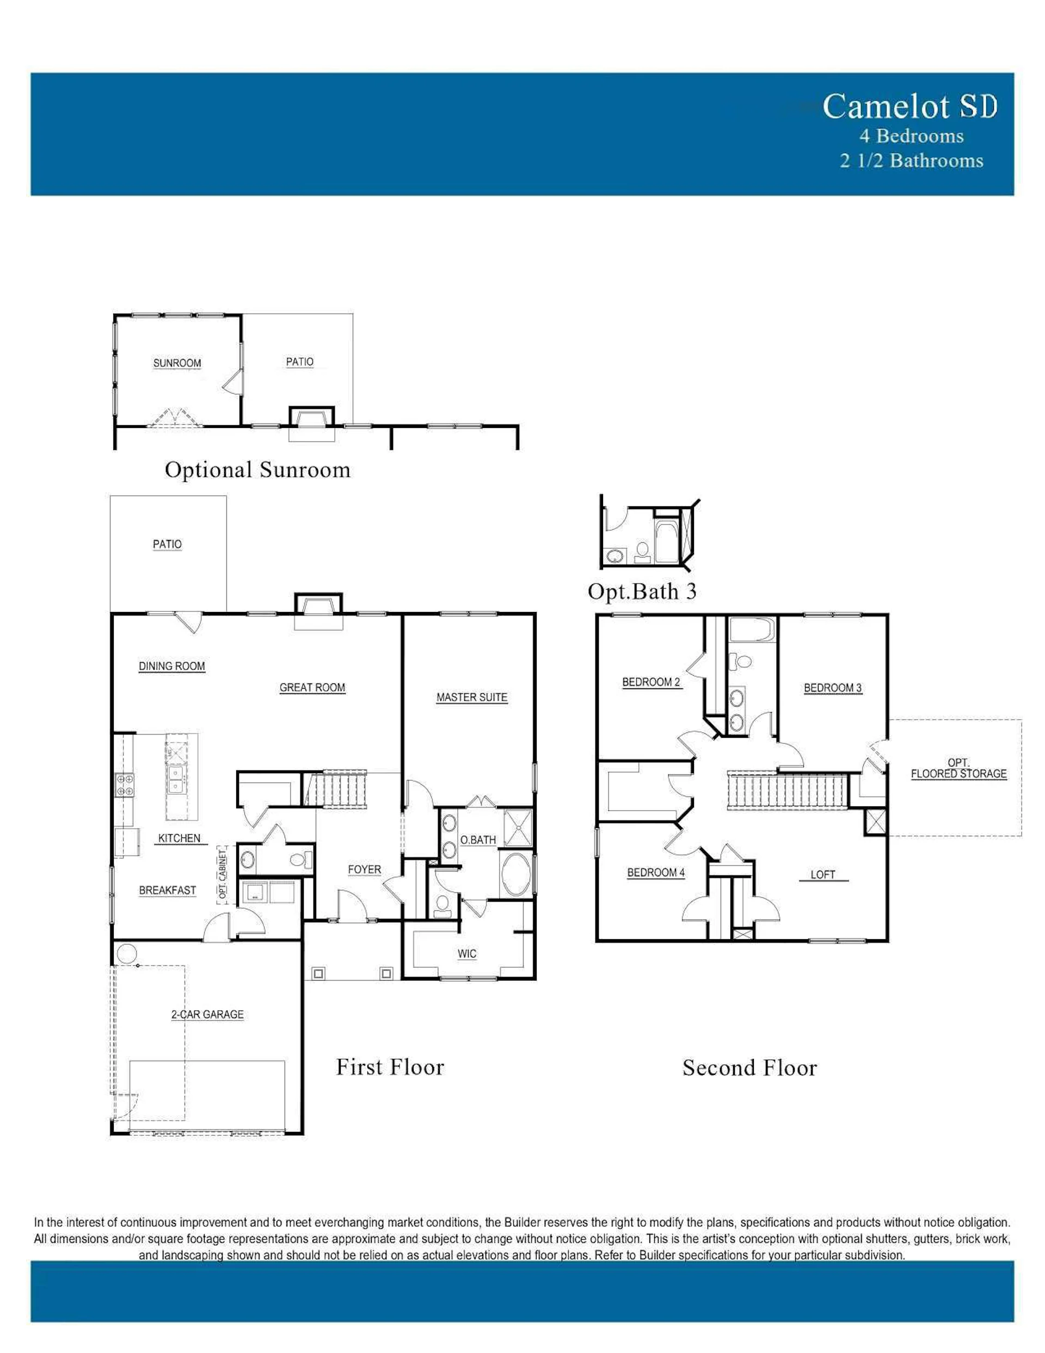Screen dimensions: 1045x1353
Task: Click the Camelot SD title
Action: (x=909, y=106)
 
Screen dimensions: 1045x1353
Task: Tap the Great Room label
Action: (x=312, y=688)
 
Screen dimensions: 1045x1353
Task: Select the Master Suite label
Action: (x=472, y=697)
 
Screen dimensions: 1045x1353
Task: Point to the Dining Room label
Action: (x=171, y=666)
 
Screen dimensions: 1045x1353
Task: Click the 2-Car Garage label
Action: (x=207, y=1015)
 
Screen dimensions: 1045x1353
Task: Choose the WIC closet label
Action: (x=467, y=954)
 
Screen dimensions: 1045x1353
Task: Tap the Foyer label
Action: (x=364, y=870)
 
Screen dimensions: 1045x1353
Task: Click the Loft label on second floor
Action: (x=823, y=875)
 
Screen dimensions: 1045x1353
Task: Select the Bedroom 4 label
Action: (x=656, y=873)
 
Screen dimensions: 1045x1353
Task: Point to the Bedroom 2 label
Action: (x=651, y=682)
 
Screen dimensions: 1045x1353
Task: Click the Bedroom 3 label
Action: (x=833, y=688)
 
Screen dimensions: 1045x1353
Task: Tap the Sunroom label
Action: (x=177, y=363)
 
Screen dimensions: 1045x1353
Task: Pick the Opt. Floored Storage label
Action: (x=958, y=768)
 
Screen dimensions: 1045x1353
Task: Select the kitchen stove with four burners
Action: (x=125, y=786)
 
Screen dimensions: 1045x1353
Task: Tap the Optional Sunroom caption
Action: (x=257, y=469)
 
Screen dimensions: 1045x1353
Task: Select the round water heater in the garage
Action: (x=126, y=953)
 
